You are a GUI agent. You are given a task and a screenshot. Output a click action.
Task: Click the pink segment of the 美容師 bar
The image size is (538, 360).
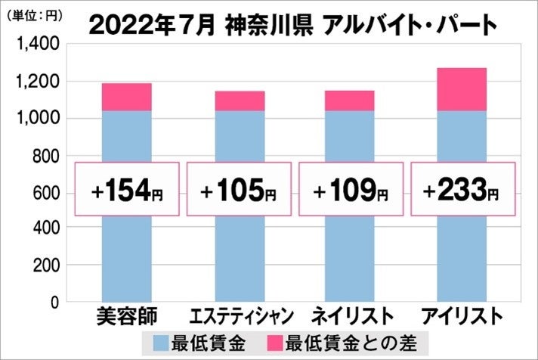126,97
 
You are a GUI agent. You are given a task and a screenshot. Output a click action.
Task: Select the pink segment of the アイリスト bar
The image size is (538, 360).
461,89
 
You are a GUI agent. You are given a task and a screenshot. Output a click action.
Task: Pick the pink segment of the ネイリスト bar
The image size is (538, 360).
349,101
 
